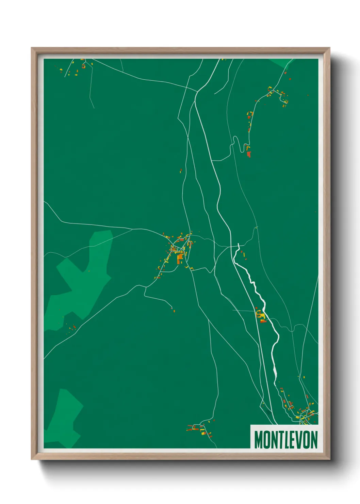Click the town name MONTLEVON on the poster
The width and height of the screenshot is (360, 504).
coord(285,440)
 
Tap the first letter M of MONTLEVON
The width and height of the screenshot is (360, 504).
coord(259,440)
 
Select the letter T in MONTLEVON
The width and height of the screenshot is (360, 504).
coord(281,440)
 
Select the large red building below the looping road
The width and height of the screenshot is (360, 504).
coord(249,154)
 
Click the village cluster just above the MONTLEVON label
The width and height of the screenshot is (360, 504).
coord(299,409)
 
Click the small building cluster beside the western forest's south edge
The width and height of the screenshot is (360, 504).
coord(72,328)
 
